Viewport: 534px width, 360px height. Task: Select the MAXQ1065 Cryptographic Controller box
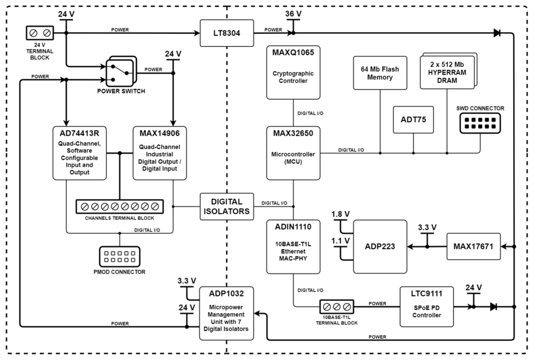[x=294, y=72]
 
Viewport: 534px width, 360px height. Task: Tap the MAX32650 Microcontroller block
[x=294, y=153]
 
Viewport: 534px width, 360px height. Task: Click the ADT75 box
[x=414, y=121]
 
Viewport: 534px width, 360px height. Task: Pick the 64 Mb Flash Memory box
[x=380, y=73]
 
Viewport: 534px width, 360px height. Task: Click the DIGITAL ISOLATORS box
[x=227, y=206]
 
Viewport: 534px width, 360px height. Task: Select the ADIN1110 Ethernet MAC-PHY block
[x=294, y=247]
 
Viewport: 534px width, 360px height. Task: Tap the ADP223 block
[x=380, y=247]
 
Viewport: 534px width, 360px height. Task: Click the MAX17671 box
[x=473, y=247]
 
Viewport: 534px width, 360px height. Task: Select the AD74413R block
[x=79, y=153]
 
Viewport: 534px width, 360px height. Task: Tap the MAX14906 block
[x=160, y=153]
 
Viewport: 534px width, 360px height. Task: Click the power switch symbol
[x=120, y=74]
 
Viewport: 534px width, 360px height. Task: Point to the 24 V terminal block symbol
[x=40, y=33]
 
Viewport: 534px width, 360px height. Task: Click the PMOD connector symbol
[x=120, y=257]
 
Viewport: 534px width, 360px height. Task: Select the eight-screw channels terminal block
[x=120, y=206]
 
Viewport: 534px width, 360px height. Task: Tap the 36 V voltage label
[x=293, y=14]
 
